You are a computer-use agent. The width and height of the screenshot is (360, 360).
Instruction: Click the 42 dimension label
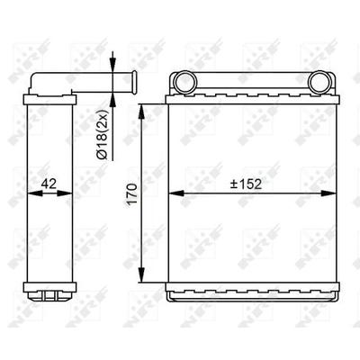click(49, 184)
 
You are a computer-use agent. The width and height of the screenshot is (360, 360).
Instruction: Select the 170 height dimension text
click(132, 194)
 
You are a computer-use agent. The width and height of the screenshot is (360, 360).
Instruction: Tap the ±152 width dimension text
click(246, 184)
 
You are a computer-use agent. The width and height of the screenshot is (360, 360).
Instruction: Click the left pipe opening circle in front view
click(185, 83)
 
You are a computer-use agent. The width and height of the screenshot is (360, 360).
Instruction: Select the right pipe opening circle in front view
click(319, 83)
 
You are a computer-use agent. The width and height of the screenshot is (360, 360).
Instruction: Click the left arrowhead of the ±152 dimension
click(175, 193)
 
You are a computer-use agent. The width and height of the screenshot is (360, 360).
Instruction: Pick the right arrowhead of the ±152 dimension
click(328, 193)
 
